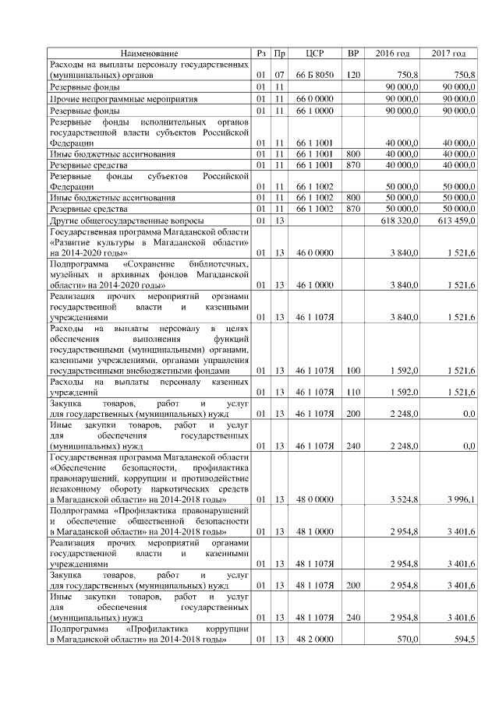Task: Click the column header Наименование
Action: coord(149,53)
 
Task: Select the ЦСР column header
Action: coord(315,53)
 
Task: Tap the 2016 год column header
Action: coord(392,53)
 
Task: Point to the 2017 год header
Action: coord(448,53)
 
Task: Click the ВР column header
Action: coord(352,53)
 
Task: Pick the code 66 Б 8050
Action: coord(315,74)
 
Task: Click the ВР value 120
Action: coord(352,74)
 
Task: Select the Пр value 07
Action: coord(281,74)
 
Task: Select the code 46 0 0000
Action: coord(315,253)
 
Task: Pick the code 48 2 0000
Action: coord(315,640)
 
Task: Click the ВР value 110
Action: coord(352,392)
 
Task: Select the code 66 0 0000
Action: coord(315,99)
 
